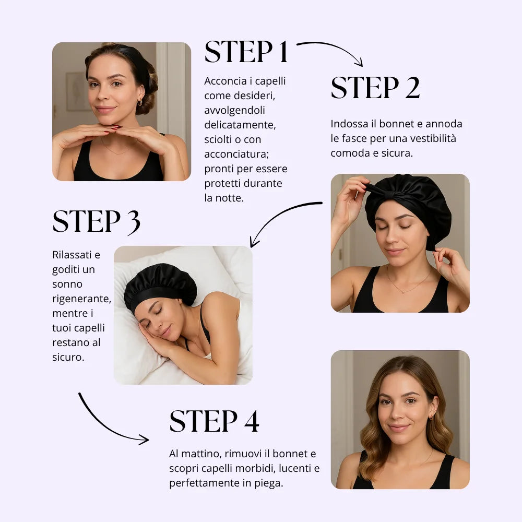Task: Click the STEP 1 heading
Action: [246, 52]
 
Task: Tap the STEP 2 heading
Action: [375, 88]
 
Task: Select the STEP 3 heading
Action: [96, 222]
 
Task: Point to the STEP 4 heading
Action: [214, 421]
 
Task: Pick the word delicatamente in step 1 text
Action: [240, 125]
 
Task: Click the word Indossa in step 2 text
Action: [349, 124]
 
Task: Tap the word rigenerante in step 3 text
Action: [81, 299]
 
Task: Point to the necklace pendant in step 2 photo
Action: [403, 292]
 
